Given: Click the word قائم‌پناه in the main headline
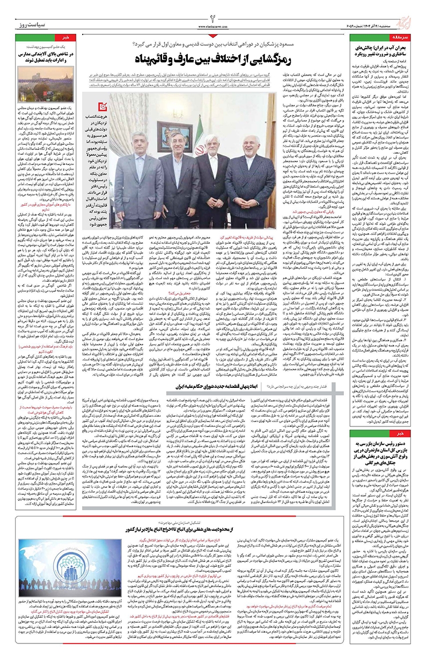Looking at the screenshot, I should tap(153, 57).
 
